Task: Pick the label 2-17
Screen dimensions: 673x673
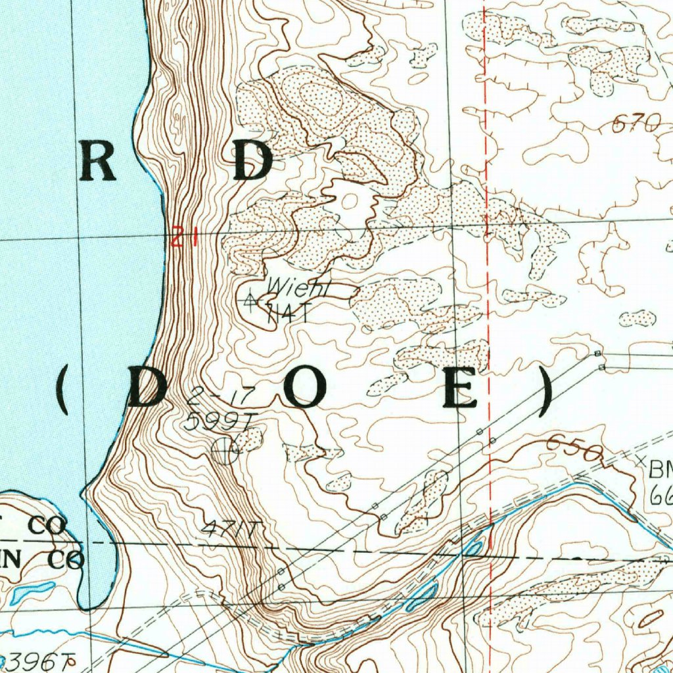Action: [206, 398]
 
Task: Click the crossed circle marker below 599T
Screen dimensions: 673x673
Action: [225, 450]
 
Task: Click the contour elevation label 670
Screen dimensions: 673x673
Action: [636, 123]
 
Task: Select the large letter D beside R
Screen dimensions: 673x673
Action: [252, 161]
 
